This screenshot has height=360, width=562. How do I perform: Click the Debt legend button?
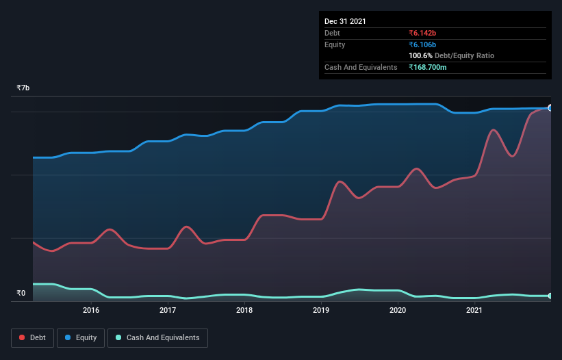pyautogui.click(x=31, y=337)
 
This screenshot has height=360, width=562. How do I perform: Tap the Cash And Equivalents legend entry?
pyautogui.click(x=157, y=337)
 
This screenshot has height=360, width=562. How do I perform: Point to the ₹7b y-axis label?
pyautogui.click(x=23, y=88)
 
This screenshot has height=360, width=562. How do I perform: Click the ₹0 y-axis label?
pyautogui.click(x=21, y=294)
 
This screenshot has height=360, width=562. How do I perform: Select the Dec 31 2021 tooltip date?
pyautogui.click(x=345, y=21)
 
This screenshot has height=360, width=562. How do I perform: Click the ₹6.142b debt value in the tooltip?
pyautogui.click(x=422, y=33)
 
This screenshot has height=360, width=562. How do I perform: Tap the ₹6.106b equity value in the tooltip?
pyautogui.click(x=422, y=44)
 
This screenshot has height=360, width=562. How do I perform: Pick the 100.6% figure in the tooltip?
pyautogui.click(x=420, y=55)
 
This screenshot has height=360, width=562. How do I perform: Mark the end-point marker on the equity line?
pyautogui.click(x=550, y=108)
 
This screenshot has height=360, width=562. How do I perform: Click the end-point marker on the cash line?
pyautogui.click(x=550, y=296)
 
